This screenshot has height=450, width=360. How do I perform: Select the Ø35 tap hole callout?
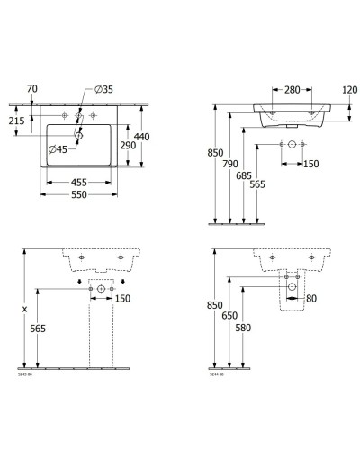pyautogui.click(x=103, y=91)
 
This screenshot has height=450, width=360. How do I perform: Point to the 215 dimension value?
pyautogui.click(x=15, y=121)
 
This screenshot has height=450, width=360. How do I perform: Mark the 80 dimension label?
pyautogui.click(x=310, y=299)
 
